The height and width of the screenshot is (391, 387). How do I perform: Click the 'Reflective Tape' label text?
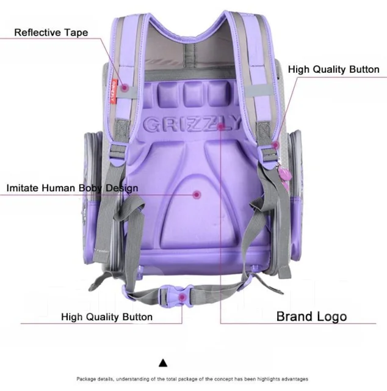pyautogui.click(x=51, y=32)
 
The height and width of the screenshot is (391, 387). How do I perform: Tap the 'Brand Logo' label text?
pyautogui.click(x=311, y=316)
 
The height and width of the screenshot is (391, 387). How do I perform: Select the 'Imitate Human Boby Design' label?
pyautogui.click(x=72, y=188)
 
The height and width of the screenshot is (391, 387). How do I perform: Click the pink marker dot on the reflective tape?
pyautogui.click(x=125, y=87)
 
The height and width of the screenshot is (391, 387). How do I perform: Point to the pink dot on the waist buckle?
pyautogui.click(x=183, y=298)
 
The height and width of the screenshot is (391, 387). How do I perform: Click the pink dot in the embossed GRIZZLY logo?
pyautogui.click(x=221, y=126)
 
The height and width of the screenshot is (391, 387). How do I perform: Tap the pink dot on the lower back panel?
pyautogui.click(x=197, y=194)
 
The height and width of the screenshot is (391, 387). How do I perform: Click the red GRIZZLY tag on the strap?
pyautogui.click(x=114, y=91)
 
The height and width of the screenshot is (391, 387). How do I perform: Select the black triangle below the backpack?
pyautogui.click(x=163, y=363)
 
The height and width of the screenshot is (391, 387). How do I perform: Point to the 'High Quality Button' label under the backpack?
pyautogui.click(x=107, y=317)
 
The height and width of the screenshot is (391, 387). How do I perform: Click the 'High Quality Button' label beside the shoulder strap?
pyautogui.click(x=334, y=69)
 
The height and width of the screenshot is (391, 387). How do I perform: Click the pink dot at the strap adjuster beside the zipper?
pyautogui.click(x=276, y=145)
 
